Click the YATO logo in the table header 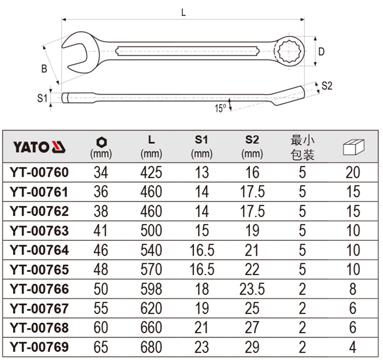click(39, 147)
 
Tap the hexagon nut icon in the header click(101, 142)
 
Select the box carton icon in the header click(353, 147)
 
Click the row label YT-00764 click(39, 250)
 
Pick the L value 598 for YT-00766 click(151, 289)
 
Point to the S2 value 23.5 click(252, 289)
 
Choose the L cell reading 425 click(151, 172)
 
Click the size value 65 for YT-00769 click(101, 347)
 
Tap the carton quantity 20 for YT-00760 click(353, 172)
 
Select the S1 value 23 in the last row click(202, 347)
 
